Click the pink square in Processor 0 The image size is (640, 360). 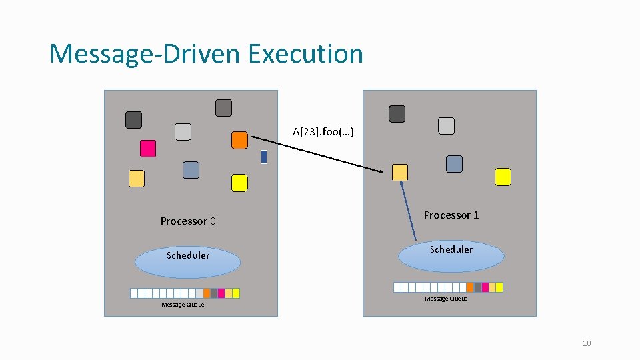[x=148, y=148]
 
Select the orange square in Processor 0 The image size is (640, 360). [x=239, y=140]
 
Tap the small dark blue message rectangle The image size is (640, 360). [x=264, y=157]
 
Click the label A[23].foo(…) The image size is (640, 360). [x=323, y=131]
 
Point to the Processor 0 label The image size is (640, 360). [x=188, y=221]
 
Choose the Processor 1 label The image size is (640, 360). [x=451, y=215]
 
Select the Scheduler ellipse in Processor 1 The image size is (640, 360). [x=451, y=255]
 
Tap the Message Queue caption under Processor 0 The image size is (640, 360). [x=183, y=305]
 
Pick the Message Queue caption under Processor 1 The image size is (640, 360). [x=446, y=299]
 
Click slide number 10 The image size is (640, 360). [x=587, y=343]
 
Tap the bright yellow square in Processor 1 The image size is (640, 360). [x=503, y=177]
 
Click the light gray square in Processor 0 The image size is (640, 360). [x=183, y=132]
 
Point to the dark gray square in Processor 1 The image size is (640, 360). [x=397, y=114]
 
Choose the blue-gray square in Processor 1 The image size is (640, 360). [x=454, y=163]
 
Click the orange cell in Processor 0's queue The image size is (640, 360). [x=207, y=293]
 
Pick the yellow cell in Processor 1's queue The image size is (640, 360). [x=499, y=287]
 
